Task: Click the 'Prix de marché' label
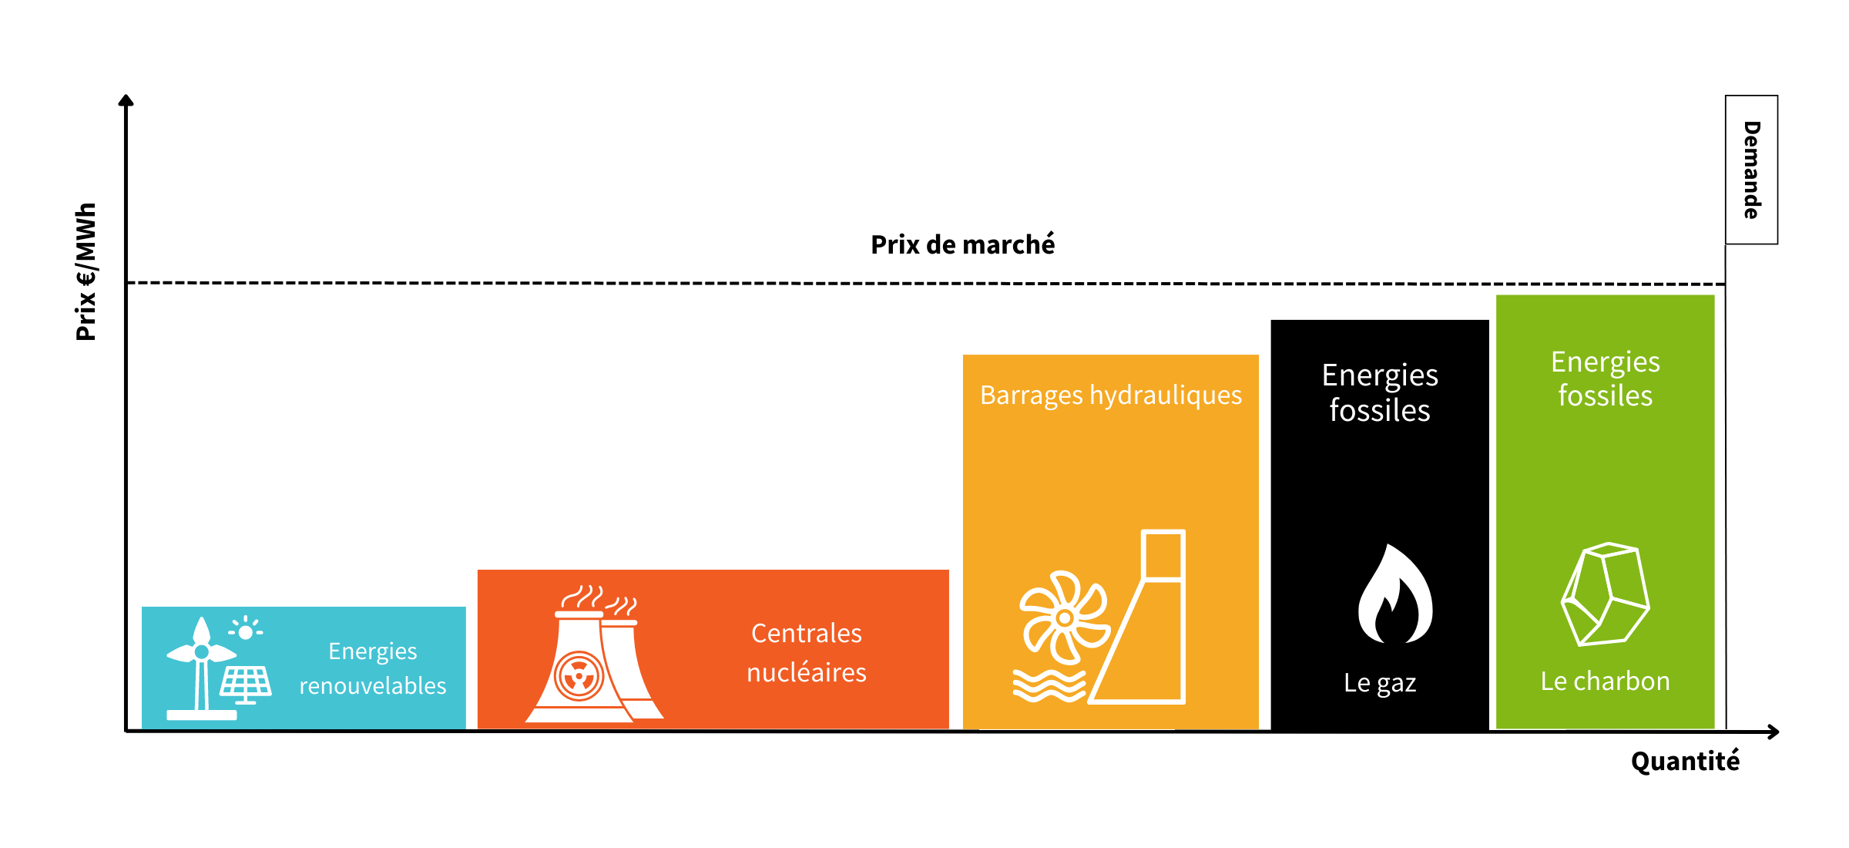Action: click(962, 244)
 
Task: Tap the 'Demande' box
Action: click(1751, 170)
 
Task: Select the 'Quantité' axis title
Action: click(1685, 761)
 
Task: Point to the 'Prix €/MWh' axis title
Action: click(86, 271)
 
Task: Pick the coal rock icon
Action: click(1605, 594)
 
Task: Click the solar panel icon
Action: click(246, 685)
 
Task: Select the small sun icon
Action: click(246, 631)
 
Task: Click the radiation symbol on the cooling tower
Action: click(579, 676)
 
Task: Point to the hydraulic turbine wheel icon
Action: click(1065, 617)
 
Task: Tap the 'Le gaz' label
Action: click(1380, 683)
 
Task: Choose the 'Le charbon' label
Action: click(1605, 681)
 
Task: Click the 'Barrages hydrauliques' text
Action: click(1111, 395)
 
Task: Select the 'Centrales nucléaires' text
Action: click(807, 652)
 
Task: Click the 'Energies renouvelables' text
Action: click(373, 668)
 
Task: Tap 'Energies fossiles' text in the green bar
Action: click(1606, 379)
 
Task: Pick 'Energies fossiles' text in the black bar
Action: click(1380, 392)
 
